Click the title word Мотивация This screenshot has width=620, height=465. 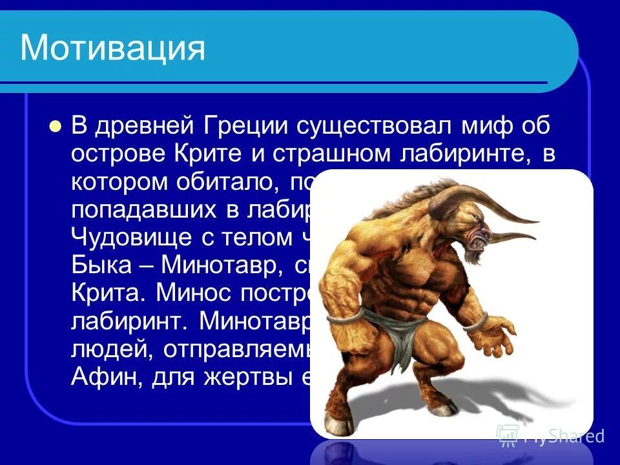[x=113, y=48]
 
